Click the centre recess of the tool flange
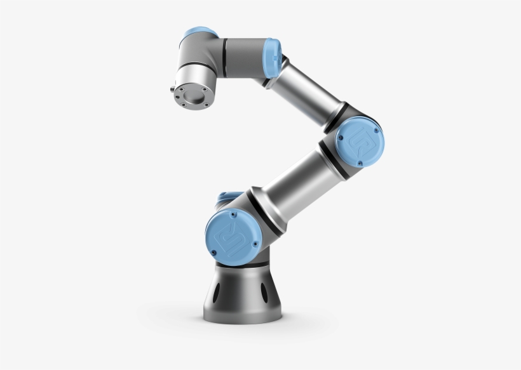(193, 96)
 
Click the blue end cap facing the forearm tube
(272, 57)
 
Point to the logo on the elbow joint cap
(359, 143)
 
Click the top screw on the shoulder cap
(233, 214)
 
